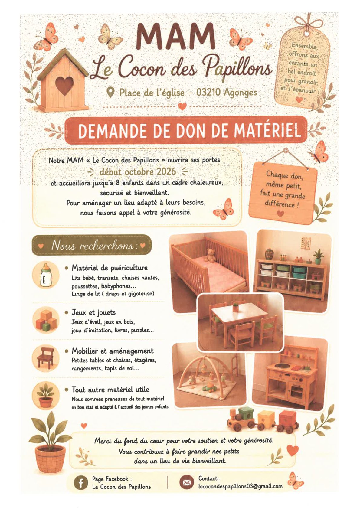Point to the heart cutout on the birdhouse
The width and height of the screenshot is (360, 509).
[x=65, y=86]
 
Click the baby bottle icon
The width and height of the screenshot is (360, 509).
[x=45, y=276]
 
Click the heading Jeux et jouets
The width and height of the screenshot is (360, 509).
[x=94, y=312]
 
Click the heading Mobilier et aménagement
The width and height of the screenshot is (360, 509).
[x=113, y=351]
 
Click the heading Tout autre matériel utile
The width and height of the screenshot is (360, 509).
[x=110, y=390]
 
